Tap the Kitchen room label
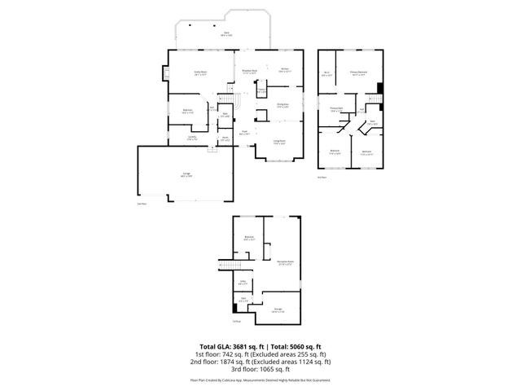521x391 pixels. [285, 69]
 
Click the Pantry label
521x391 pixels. [262, 88]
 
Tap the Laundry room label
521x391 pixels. [192, 138]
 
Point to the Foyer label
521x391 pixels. [243, 132]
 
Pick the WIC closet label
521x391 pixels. [326, 73]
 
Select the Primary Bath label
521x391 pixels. [335, 108]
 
